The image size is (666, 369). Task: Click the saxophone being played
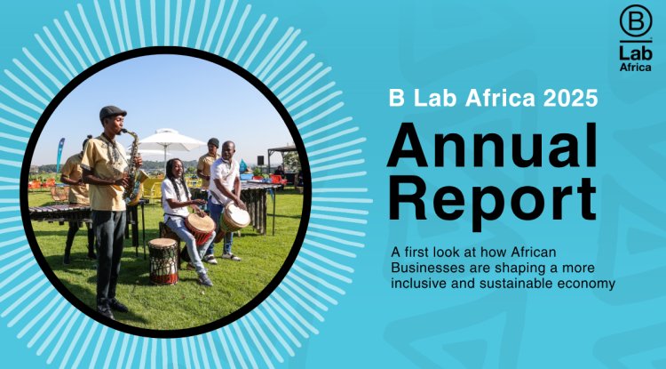133,169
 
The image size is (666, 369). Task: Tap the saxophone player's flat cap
112,112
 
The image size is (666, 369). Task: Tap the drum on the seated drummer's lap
201,229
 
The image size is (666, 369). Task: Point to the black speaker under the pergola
260,160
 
